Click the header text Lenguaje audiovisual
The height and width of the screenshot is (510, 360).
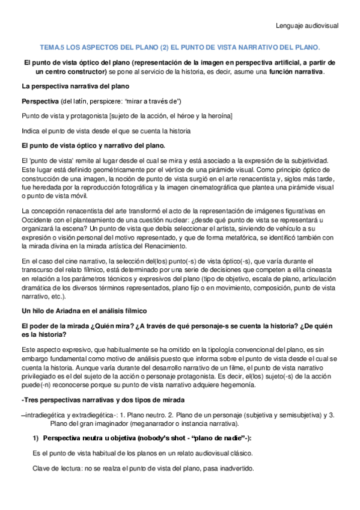(x=307, y=26)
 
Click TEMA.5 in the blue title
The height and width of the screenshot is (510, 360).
(x=53, y=46)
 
